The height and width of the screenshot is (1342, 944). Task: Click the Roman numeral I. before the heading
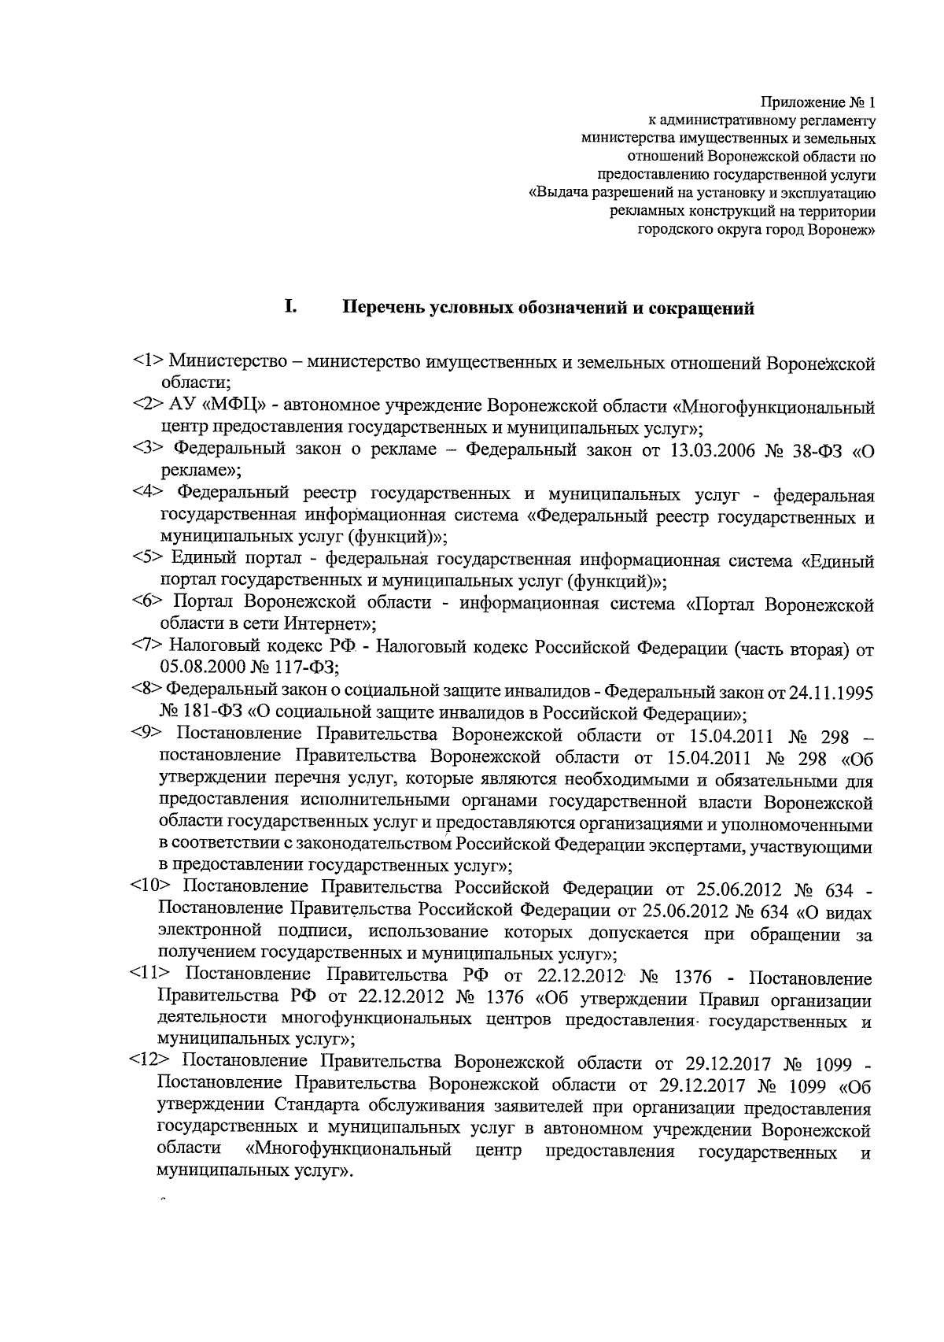point(290,307)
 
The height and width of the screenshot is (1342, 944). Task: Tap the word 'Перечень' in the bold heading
point(384,309)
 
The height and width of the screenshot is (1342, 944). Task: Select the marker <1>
point(147,363)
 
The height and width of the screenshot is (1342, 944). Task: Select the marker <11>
point(150,978)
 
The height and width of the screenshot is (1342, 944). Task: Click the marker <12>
point(150,1064)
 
